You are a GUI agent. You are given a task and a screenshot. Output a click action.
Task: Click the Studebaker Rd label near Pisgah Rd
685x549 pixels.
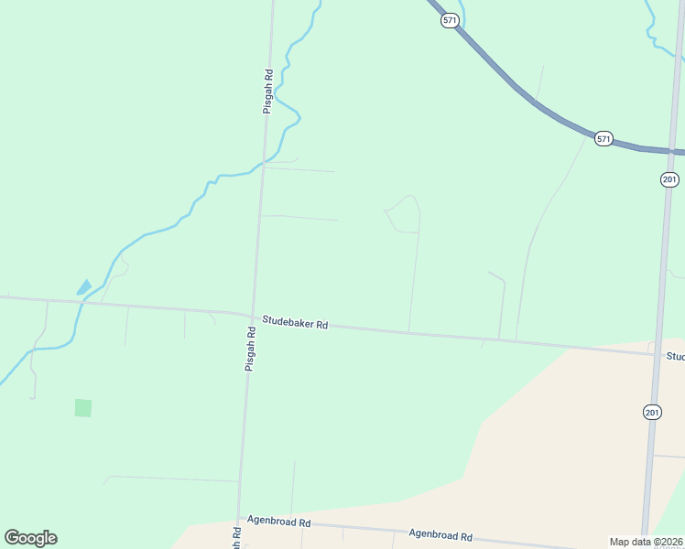(295, 322)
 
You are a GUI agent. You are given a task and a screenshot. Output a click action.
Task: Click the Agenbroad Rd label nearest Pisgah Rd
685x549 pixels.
(278, 522)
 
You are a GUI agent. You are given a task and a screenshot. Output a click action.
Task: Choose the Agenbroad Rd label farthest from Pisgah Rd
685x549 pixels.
(440, 535)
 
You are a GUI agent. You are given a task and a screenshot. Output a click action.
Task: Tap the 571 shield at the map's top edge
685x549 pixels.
(449, 20)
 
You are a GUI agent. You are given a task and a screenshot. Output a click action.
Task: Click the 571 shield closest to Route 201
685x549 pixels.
(603, 138)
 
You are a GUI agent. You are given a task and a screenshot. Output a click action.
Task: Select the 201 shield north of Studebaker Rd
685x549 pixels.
(669, 179)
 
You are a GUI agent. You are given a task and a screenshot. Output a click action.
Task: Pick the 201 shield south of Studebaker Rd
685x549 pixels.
(651, 413)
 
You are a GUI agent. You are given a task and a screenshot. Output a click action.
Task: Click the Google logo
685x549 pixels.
(30, 538)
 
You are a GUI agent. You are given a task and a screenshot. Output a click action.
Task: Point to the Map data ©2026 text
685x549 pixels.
(647, 542)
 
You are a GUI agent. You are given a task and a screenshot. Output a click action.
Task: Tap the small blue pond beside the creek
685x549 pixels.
(83, 286)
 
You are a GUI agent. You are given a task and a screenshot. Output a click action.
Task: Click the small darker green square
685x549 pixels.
(83, 407)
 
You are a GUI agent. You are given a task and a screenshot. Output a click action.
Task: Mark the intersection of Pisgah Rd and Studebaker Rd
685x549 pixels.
(252, 317)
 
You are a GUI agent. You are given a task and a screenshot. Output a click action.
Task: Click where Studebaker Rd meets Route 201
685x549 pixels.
(656, 354)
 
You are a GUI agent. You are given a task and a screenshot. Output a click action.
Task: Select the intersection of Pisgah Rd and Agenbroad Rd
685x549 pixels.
(240, 521)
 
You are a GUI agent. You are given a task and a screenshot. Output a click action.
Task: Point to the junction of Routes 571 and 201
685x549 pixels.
(672, 151)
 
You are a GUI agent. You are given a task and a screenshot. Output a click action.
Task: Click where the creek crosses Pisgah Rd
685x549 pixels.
(263, 166)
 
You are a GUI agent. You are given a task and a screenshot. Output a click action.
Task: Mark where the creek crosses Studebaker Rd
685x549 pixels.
(81, 302)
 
